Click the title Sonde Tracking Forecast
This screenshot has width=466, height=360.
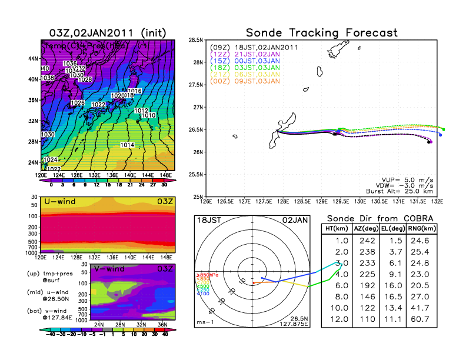click(x=322, y=33)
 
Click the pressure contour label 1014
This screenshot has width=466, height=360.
click(x=128, y=145)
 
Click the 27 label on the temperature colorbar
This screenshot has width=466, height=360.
click(x=151, y=184)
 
